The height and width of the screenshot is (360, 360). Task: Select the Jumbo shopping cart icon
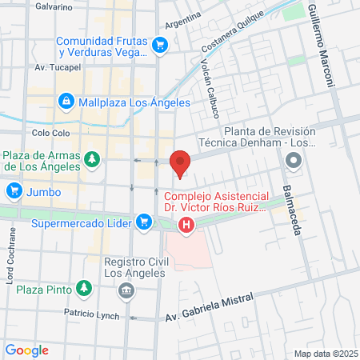pyautogui.click(x=13, y=191)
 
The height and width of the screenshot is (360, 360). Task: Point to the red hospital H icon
pyautogui.click(x=186, y=225)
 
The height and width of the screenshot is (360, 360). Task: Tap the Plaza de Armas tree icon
pyautogui.click(x=93, y=160)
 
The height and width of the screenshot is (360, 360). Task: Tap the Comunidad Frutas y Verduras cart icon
pyautogui.click(x=160, y=44)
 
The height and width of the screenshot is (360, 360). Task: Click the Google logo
pyautogui.click(x=26, y=350)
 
